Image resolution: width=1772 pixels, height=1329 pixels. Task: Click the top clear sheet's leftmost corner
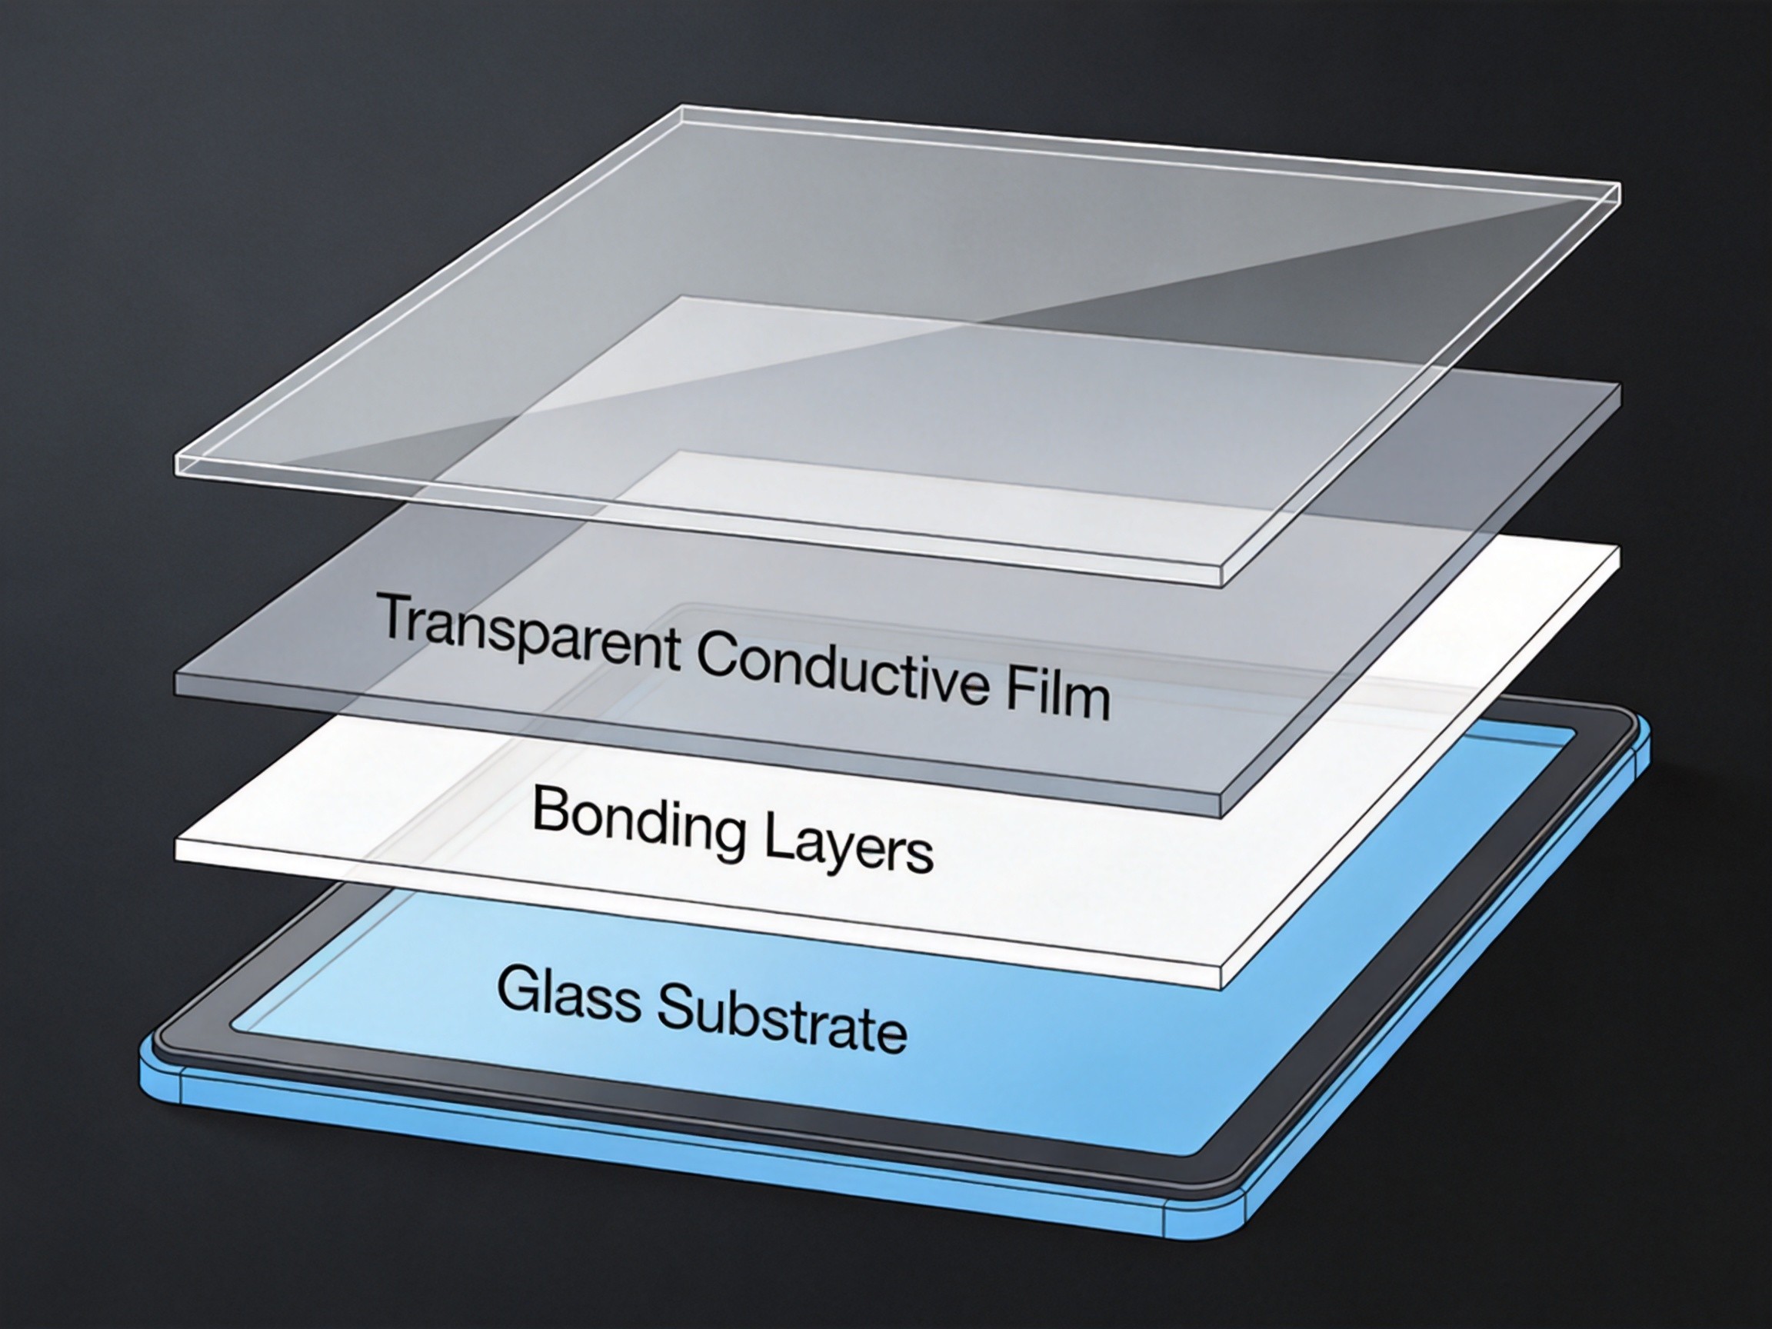click(176, 458)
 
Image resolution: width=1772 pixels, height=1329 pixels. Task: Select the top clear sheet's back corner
click(681, 107)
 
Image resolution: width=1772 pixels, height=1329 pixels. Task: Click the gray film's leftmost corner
click(175, 674)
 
